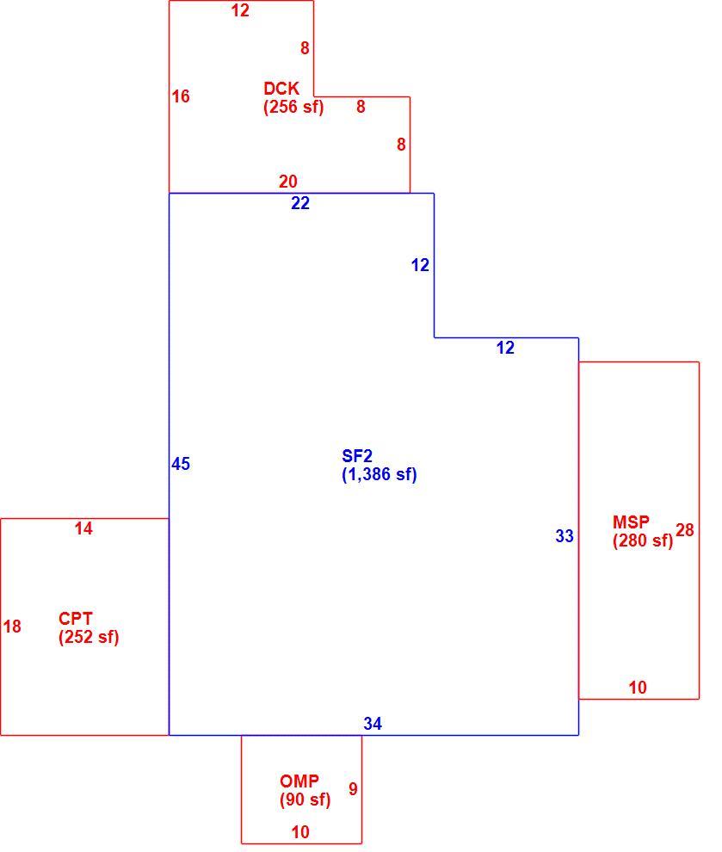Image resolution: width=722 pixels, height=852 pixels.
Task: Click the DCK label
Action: (281, 88)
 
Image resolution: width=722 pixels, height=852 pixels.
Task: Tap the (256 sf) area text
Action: (293, 107)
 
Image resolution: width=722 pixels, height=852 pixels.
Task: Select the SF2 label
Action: (357, 456)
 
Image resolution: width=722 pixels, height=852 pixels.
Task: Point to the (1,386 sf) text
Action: (380, 474)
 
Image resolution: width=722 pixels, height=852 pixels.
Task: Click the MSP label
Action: (631, 522)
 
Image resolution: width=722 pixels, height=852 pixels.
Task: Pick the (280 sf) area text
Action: (643, 540)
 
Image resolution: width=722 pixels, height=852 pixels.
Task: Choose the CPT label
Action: (76, 619)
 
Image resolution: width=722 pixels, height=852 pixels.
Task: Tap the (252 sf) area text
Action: (89, 637)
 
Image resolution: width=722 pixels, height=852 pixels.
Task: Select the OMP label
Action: (299, 781)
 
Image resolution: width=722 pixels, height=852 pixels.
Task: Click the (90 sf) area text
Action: (305, 800)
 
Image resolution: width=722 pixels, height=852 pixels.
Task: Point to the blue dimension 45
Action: (181, 464)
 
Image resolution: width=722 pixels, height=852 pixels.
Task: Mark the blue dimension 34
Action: (373, 723)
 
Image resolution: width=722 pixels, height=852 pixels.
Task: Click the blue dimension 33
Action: (565, 536)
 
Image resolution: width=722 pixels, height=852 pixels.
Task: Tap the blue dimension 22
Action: (300, 203)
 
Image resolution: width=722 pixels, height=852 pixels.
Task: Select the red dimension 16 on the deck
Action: (181, 96)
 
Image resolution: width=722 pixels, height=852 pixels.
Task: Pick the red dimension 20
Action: (288, 181)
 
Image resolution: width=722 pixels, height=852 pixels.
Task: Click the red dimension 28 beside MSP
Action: (684, 530)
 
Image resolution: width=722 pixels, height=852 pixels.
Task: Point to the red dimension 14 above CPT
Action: (83, 528)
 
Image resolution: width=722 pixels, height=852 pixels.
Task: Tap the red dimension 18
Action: (12, 627)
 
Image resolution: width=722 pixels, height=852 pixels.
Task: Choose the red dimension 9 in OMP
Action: (353, 789)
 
